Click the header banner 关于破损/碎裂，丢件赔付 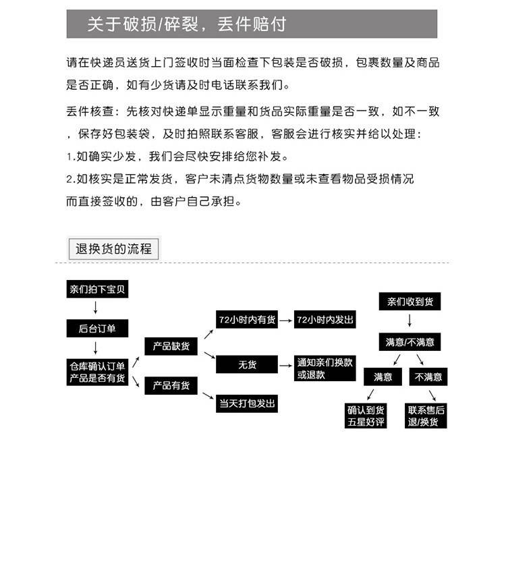pos(252,24)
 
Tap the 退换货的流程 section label pos(113,248)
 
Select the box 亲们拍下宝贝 pos(97,290)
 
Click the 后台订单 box pos(97,329)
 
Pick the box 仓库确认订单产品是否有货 pos(97,372)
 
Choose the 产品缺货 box pos(171,346)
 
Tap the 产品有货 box pos(171,385)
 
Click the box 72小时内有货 pos(247,320)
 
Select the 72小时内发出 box pos(325,320)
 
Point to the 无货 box pos(247,365)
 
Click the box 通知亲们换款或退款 pos(325,368)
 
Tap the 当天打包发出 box pos(247,403)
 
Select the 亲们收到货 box pos(410,302)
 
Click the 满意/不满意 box pos(410,341)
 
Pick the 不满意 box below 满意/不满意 pos(428,376)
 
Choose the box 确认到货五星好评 pos(366,415)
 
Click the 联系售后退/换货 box pos(426,415)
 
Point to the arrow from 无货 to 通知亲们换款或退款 pos(286,365)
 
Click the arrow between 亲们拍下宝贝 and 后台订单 pos(96,310)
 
